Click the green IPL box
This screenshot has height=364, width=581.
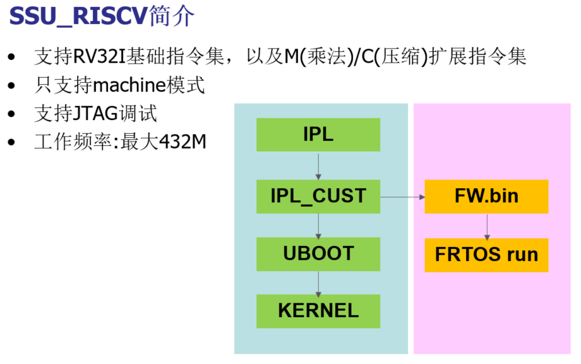click(x=318, y=135)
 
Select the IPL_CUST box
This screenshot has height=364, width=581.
click(x=318, y=196)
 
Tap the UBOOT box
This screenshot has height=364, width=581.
click(x=318, y=253)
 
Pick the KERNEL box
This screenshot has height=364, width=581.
click(x=318, y=311)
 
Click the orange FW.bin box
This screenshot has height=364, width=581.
click(x=486, y=196)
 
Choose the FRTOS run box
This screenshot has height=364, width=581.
click(x=486, y=255)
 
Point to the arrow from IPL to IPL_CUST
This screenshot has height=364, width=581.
click(x=318, y=165)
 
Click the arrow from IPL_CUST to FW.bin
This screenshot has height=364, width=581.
click(x=403, y=197)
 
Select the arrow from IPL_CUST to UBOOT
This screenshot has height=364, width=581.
click(x=318, y=225)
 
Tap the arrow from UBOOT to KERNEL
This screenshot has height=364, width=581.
click(x=318, y=282)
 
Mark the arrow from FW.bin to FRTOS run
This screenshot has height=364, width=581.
click(x=486, y=226)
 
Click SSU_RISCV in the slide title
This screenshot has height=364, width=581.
click(x=78, y=16)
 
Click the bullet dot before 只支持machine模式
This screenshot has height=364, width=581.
click(x=11, y=86)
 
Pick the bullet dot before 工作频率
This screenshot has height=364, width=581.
click(x=11, y=143)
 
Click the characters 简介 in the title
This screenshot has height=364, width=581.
click(x=172, y=16)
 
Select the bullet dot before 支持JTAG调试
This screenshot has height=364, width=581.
click(x=11, y=114)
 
